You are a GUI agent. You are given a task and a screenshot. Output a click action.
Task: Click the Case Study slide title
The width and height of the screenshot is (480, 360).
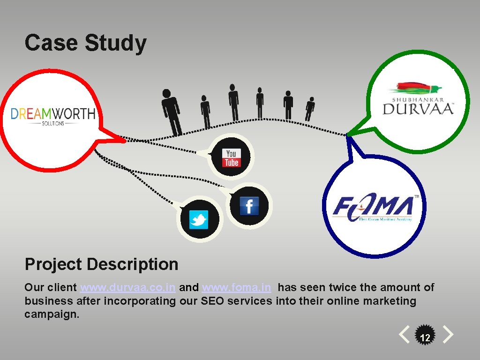pyautogui.click(x=85, y=43)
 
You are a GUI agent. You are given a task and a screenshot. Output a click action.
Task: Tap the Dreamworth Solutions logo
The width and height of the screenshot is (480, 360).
pyautogui.click(x=53, y=115)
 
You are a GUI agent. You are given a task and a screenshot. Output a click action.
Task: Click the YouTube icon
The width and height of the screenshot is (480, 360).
pyautogui.click(x=231, y=157)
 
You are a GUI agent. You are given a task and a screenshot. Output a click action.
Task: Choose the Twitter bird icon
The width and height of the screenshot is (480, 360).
pyautogui.click(x=198, y=219)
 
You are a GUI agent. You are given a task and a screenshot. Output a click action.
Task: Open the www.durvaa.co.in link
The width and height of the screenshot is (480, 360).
pyautogui.click(x=128, y=287)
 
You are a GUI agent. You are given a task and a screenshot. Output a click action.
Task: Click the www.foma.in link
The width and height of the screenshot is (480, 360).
pyautogui.click(x=236, y=287)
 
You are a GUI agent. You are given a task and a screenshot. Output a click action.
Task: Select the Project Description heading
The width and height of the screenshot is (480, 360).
pyautogui.click(x=101, y=264)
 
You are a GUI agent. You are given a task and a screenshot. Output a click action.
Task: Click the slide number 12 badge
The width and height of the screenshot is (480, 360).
pyautogui.click(x=425, y=337)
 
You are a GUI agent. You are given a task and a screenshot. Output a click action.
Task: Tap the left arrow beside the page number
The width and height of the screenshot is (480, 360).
pyautogui.click(x=404, y=335)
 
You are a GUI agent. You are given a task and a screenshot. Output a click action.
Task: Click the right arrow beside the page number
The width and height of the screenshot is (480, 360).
pyautogui.click(x=448, y=335)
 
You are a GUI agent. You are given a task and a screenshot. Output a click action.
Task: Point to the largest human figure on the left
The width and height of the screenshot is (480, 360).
pyautogui.click(x=172, y=111)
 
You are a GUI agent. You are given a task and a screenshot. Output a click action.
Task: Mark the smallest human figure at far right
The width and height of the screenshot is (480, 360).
pyautogui.click(x=309, y=109)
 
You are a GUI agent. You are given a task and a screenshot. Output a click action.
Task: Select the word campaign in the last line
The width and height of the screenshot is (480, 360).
pyautogui.click(x=52, y=314)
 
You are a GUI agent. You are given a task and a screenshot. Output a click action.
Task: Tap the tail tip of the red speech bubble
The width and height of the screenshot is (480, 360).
pyautogui.click(x=125, y=140)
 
